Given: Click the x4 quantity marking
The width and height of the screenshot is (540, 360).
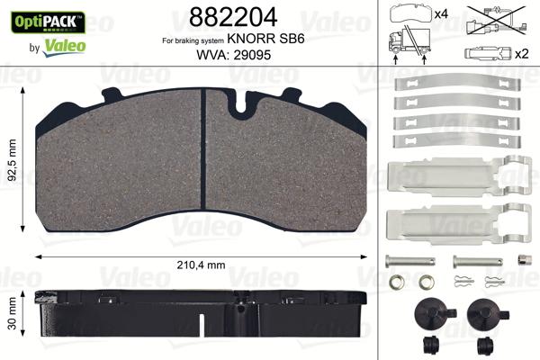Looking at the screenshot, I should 442,14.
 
